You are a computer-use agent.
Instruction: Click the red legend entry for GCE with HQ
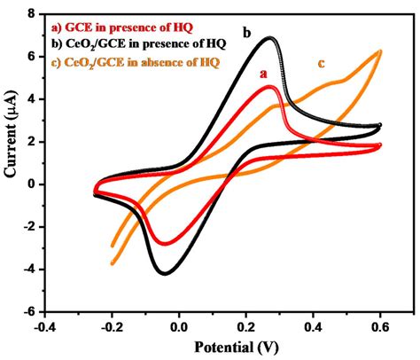[122, 27]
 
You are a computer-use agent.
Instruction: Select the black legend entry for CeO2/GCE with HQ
[139, 44]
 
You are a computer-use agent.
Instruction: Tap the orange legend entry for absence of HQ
[136, 62]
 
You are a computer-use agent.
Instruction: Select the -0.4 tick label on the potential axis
[45, 328]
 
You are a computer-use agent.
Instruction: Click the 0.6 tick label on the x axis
[380, 328]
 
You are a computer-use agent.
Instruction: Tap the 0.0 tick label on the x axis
[179, 328]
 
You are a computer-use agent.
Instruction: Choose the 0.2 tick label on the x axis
[246, 328]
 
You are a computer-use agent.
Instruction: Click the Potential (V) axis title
[237, 347]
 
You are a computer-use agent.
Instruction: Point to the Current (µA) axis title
[11, 134]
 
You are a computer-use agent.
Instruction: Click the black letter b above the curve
[247, 33]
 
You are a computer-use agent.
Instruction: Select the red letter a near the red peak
[263, 74]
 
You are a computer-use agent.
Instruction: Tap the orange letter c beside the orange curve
[322, 63]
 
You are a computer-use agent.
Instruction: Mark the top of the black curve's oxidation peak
[269, 38]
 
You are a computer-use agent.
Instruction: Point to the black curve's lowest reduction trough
[165, 273]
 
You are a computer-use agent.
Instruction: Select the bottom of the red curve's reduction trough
[165, 244]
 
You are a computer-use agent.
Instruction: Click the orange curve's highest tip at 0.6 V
[380, 51]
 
